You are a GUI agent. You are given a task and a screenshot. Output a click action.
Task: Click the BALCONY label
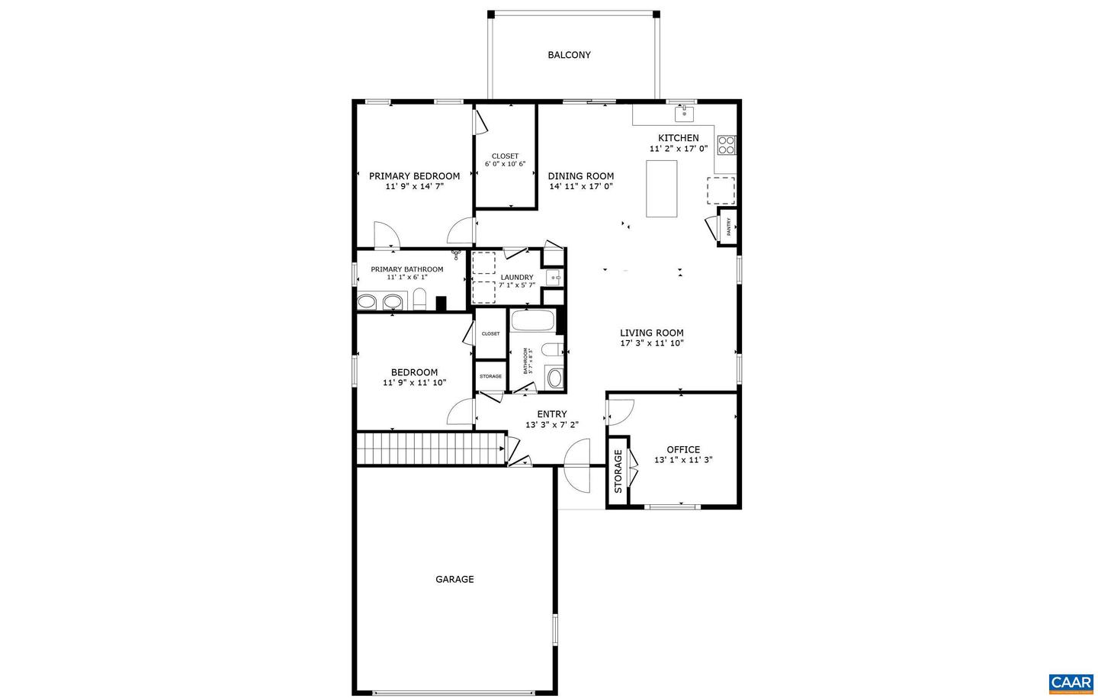[569, 55]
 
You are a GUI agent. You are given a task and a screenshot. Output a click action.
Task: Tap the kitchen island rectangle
[662, 188]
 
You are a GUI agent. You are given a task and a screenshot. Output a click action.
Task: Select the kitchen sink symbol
[684, 114]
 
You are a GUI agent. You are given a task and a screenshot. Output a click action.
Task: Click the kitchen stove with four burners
[726, 145]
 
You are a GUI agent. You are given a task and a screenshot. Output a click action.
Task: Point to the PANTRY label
[728, 227]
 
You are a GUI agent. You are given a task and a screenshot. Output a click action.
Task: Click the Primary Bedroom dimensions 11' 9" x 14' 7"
[414, 186]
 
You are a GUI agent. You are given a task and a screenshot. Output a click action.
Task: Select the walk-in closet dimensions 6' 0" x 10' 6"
[505, 164]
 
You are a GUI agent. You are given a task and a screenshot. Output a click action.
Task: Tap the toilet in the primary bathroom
[419, 300]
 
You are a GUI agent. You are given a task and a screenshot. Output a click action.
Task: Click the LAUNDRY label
[517, 278]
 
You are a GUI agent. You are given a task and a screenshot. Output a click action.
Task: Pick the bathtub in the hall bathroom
[532, 320]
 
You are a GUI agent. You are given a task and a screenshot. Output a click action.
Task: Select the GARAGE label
[454, 580]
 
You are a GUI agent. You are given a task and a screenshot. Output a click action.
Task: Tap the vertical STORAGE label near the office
[618, 471]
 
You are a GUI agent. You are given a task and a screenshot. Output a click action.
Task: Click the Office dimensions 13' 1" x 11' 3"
[683, 460]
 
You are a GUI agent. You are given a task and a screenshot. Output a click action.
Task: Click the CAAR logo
[1071, 683]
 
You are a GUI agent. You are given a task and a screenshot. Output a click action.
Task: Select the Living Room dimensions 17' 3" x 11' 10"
[651, 343]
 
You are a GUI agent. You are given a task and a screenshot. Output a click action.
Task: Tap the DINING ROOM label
[580, 176]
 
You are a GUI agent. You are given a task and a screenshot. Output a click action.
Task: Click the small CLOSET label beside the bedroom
[490, 334]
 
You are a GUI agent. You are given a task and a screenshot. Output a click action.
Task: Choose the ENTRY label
[552, 414]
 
